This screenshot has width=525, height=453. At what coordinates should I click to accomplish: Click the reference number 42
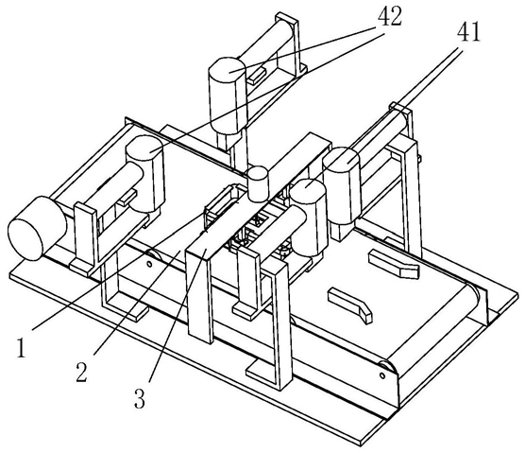coord(390,17)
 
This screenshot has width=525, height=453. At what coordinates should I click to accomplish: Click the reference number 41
coord(468,32)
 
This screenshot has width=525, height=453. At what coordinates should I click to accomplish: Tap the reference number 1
coord(22,348)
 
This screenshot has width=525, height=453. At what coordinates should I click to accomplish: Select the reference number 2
coord(82,373)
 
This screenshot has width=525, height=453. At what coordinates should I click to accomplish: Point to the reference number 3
coord(140,398)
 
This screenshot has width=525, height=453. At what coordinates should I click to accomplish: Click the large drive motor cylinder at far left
coord(36,228)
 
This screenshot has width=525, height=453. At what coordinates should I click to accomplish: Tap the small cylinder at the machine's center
coord(258,184)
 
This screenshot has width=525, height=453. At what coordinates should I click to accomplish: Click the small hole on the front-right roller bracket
coord(382,375)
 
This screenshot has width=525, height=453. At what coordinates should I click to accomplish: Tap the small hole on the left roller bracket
coord(149,264)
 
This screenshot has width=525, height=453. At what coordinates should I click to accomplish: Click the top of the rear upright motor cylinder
coord(228,68)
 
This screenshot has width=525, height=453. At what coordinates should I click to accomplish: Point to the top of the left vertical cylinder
coord(144,146)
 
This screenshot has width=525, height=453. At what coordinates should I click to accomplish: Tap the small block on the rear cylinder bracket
coord(257,75)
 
